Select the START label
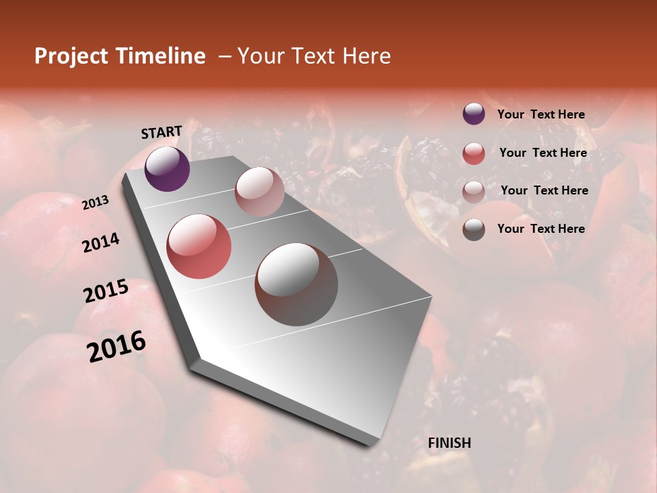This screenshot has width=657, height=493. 162,132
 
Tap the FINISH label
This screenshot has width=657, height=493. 450,443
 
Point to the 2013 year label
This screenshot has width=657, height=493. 96,202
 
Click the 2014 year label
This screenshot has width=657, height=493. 101,242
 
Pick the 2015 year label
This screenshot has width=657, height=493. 106,291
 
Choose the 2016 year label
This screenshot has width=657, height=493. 116,346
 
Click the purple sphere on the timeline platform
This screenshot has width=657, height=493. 167,168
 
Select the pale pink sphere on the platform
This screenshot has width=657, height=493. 259,192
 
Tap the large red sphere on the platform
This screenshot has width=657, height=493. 199,246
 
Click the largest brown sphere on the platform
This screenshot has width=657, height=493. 296,284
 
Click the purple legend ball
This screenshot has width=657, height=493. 474,114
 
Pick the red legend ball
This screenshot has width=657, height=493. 474,153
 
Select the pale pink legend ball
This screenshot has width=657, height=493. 474,192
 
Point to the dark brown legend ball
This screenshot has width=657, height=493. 474,229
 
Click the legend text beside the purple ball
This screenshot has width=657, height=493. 541,114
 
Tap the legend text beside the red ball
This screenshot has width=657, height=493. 543,153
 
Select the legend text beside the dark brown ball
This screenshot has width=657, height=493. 541,229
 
